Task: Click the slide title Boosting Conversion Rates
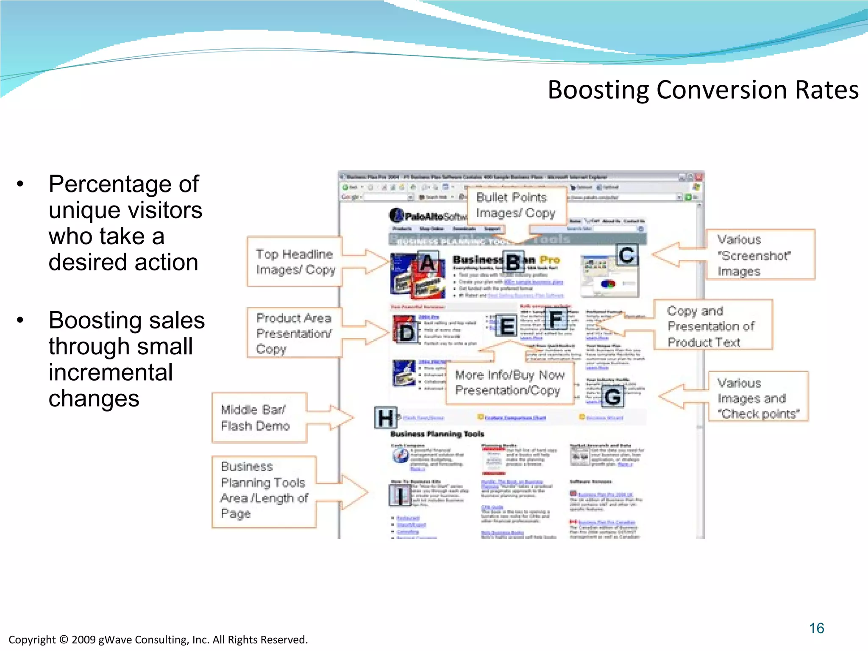(703, 90)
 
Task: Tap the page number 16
(816, 628)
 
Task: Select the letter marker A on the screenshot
(428, 262)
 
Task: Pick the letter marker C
(627, 255)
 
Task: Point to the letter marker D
(406, 333)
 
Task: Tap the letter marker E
(507, 326)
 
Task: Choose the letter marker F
(556, 319)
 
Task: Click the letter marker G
(613, 396)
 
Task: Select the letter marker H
(386, 418)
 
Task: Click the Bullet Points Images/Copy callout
(516, 206)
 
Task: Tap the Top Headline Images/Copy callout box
(295, 262)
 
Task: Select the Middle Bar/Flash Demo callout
(259, 418)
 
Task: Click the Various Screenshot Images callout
(759, 255)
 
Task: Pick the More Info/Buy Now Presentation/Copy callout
(509, 382)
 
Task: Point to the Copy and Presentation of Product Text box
(712, 325)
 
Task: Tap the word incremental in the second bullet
(111, 373)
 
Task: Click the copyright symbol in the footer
(64, 640)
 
